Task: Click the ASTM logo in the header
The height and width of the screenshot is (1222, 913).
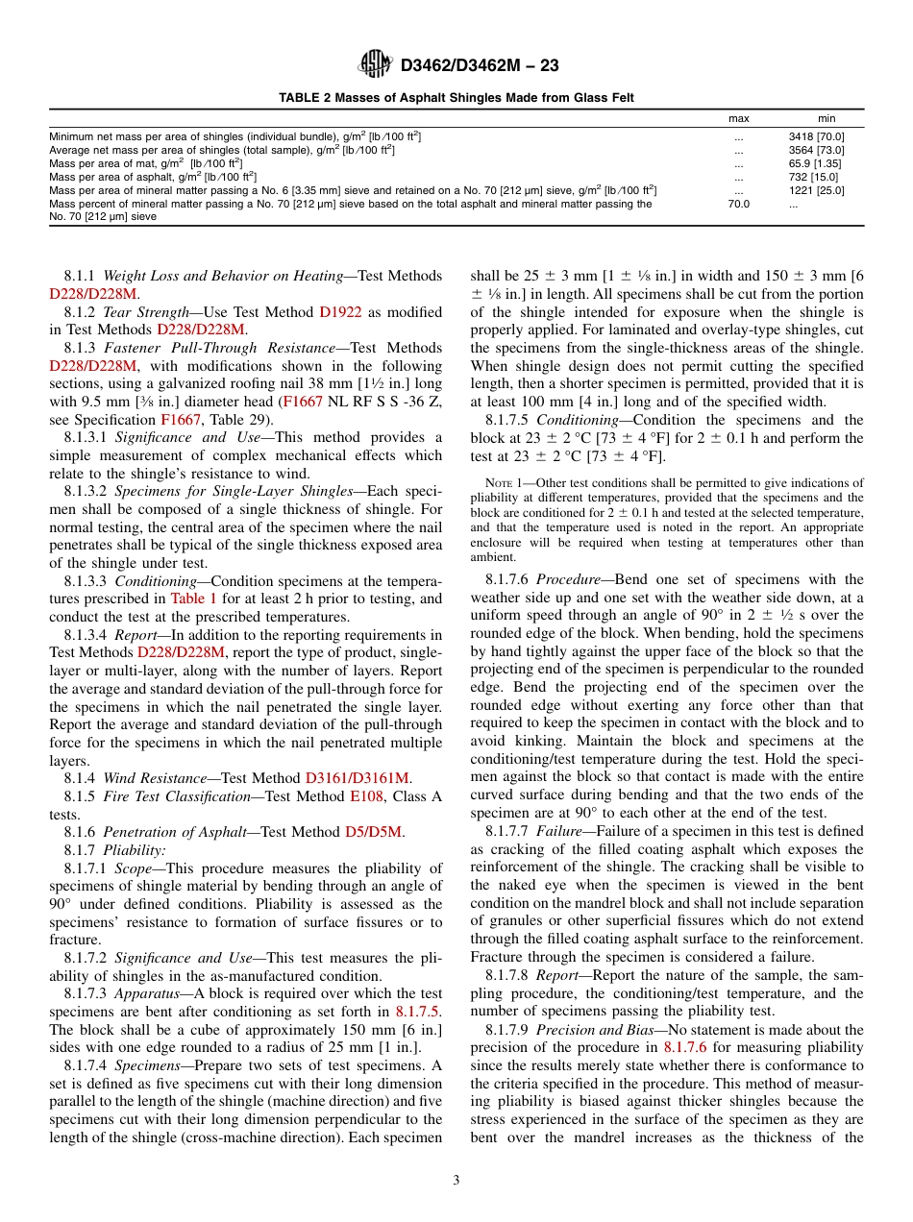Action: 374,65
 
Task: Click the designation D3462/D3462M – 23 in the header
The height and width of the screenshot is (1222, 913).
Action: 480,66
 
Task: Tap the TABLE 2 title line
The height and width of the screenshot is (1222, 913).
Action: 456,98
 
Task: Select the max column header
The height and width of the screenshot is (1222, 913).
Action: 738,118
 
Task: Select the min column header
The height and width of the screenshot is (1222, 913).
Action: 826,118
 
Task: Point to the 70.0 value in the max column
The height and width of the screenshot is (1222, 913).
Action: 738,204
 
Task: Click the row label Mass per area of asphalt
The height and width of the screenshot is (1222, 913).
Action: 153,177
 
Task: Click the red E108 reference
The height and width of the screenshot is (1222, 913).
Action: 366,796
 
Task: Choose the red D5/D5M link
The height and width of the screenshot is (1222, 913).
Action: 374,832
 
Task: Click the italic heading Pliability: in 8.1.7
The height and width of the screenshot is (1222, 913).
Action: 135,850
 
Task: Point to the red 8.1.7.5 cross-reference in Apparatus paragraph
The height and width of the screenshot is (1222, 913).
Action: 418,1012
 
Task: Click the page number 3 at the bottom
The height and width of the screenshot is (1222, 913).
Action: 456,1180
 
